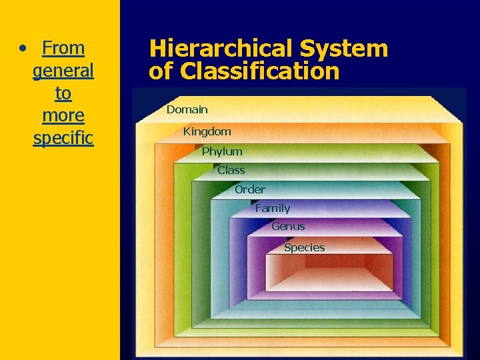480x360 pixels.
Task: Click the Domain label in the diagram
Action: point(187,109)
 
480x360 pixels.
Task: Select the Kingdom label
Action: point(207,131)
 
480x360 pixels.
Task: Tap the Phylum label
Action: point(222,151)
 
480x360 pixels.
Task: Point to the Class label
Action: point(231,170)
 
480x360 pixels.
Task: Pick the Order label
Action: point(249,189)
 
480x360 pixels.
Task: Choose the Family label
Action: point(272,208)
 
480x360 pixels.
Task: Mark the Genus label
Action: point(288,227)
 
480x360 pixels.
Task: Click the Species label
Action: point(304,247)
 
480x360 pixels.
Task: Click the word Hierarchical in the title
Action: point(221,49)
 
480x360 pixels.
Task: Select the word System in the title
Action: point(343,49)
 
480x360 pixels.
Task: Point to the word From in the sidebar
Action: point(63,48)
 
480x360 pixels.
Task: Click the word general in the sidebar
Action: point(63,70)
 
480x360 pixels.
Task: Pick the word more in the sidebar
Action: point(63,115)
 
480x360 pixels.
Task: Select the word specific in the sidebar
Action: point(63,138)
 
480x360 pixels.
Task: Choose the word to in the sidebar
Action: point(63,93)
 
